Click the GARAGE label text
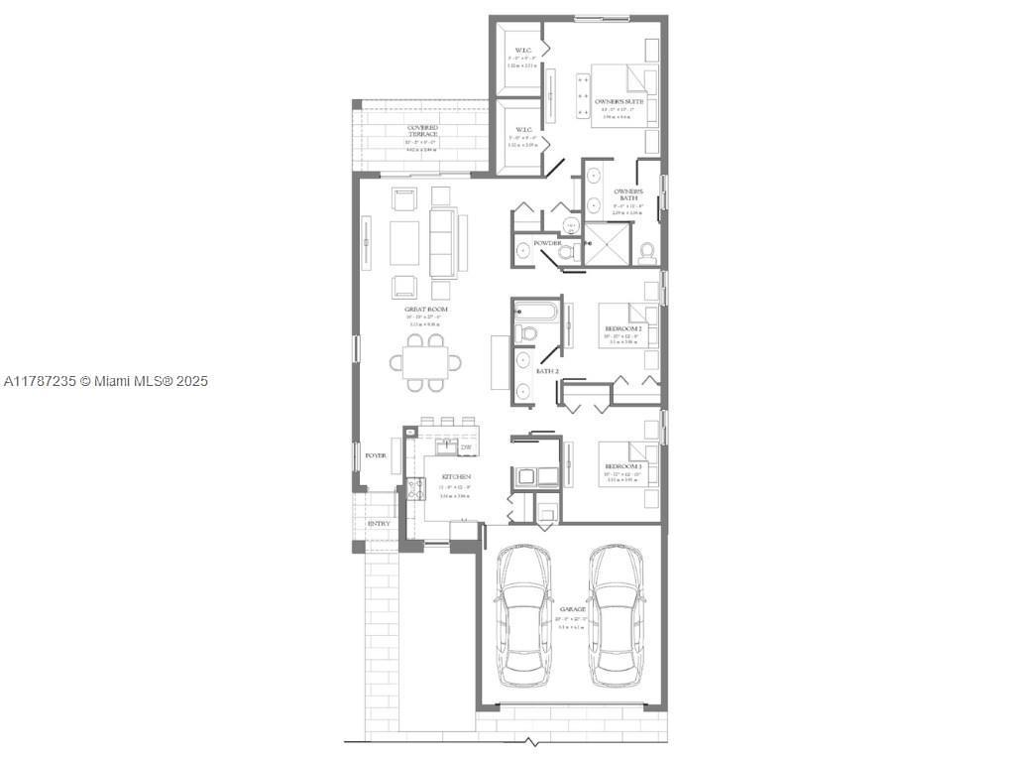572,609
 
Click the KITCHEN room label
455,477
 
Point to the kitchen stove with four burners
415,487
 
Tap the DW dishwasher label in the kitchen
465,448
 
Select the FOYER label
375,455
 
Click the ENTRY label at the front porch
378,524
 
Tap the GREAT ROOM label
425,310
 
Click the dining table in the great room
431,363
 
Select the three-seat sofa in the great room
442,243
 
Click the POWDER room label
547,243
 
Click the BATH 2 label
548,370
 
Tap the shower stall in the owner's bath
607,244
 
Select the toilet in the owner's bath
647,253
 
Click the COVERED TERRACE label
422,132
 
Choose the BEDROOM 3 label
624,466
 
